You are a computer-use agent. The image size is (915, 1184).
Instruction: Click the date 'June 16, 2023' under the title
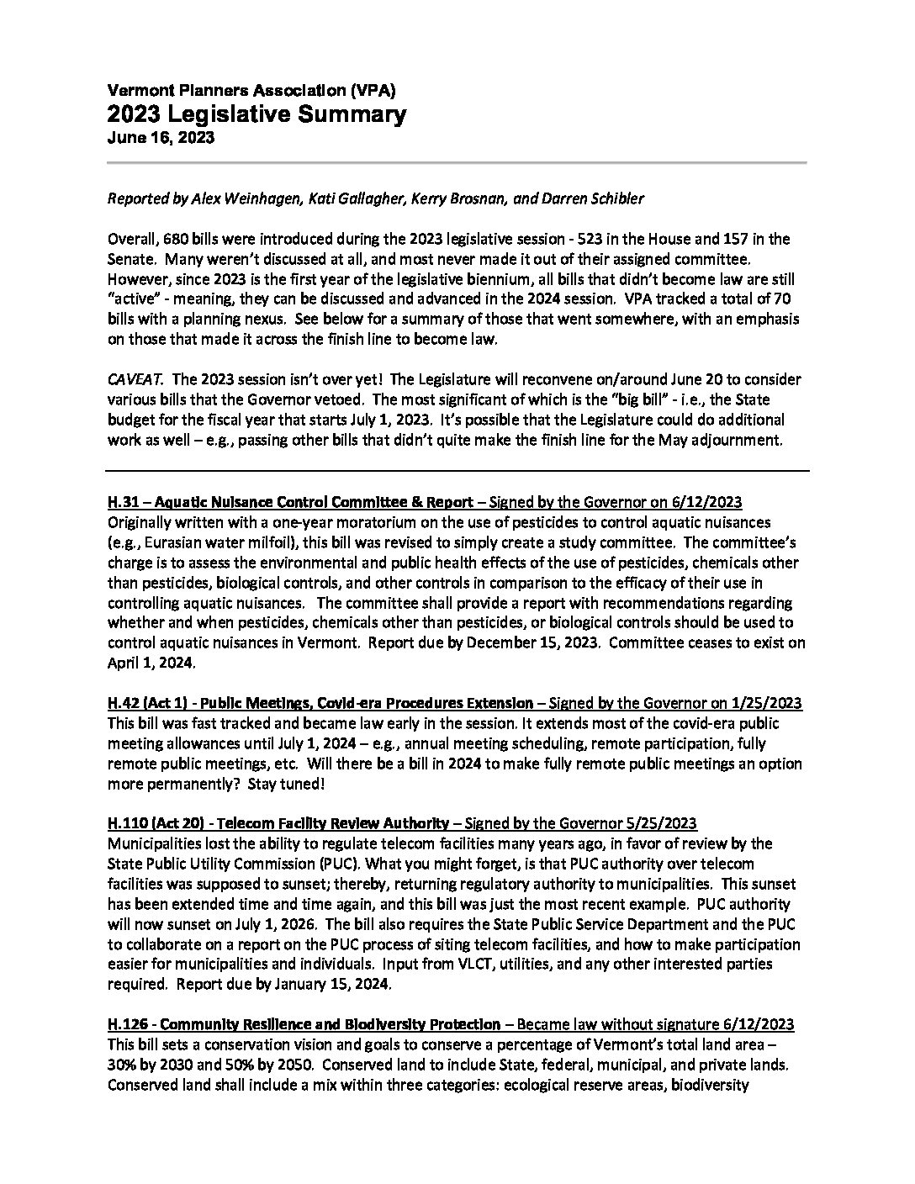coord(160,139)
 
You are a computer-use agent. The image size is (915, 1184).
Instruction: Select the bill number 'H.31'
coord(124,503)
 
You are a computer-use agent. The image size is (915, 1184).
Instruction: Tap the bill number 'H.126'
coord(128,1025)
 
